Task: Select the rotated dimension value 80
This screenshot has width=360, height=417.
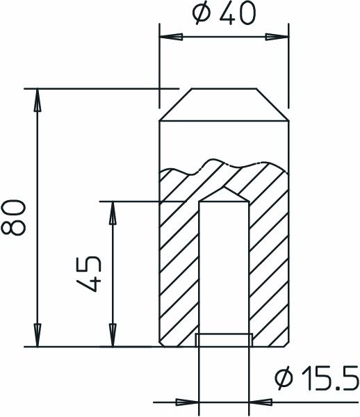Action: tap(15, 218)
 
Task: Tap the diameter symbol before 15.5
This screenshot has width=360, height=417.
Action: tap(283, 379)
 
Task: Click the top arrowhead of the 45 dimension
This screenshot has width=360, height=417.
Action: tap(111, 211)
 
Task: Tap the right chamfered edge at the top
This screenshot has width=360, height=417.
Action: tap(274, 105)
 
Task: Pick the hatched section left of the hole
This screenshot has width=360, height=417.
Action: tap(179, 271)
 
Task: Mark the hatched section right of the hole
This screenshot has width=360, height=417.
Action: tap(268, 271)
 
